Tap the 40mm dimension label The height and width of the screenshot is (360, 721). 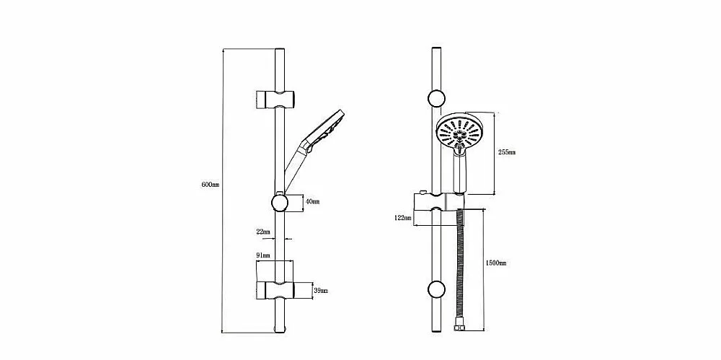pyautogui.click(x=313, y=201)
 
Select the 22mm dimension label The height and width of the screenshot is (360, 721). pyautogui.click(x=263, y=232)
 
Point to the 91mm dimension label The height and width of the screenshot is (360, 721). pyautogui.click(x=263, y=255)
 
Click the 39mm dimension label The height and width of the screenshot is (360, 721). pyautogui.click(x=321, y=291)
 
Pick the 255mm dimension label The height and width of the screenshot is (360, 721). pyautogui.click(x=507, y=152)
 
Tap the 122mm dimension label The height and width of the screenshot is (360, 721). pyautogui.click(x=402, y=218)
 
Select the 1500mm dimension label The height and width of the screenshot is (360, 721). pyautogui.click(x=496, y=263)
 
